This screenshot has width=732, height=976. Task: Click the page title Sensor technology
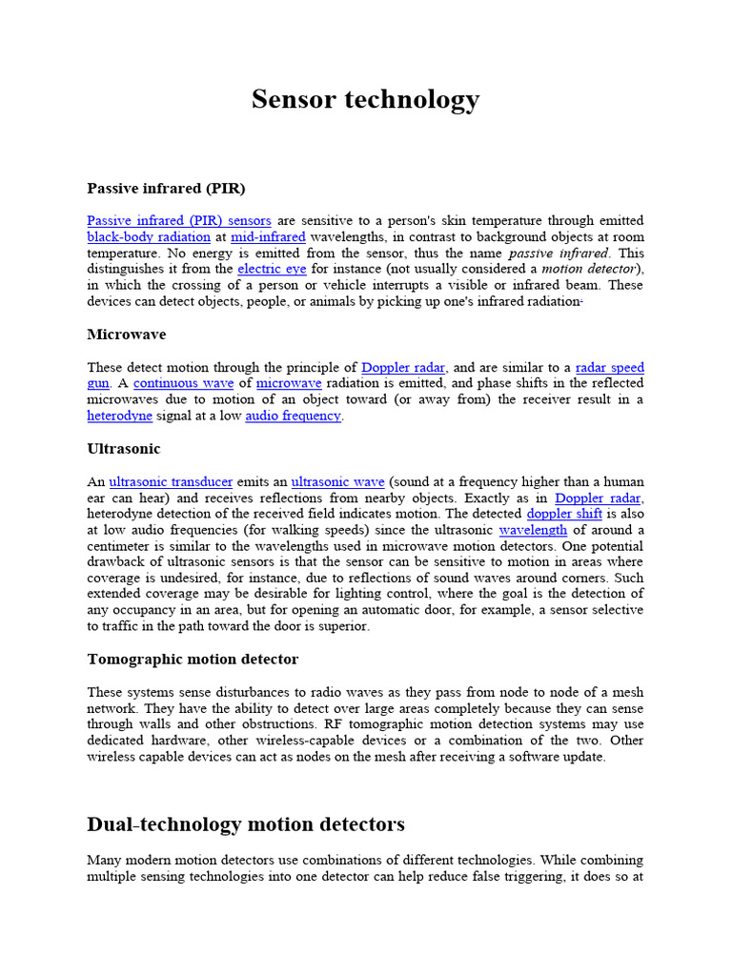tap(365, 99)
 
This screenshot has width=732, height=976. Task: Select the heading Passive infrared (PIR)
tap(166, 188)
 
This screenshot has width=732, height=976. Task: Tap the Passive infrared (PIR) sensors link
tap(179, 220)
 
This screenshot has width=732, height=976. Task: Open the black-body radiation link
tap(149, 236)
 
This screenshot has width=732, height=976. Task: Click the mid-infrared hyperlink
tap(268, 236)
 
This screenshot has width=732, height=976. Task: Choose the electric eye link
tap(272, 269)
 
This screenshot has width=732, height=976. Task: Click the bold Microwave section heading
tap(127, 335)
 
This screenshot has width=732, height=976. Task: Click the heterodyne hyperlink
tap(119, 416)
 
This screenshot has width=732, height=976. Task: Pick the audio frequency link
tap(293, 416)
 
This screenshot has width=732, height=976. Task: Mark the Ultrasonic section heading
tap(124, 448)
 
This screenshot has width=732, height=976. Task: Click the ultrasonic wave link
tap(337, 481)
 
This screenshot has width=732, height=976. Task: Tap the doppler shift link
tap(564, 514)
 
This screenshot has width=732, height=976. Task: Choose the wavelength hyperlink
tap(533, 530)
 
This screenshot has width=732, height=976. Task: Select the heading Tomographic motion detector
tap(193, 659)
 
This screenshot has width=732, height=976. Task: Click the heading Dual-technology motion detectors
tap(246, 823)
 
